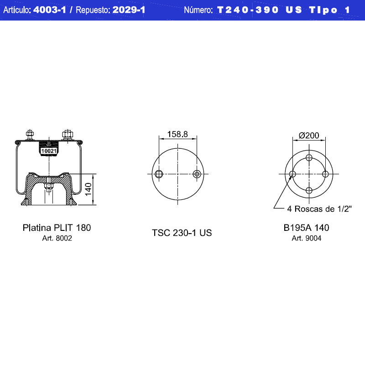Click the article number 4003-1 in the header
coord(50,10)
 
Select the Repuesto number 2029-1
coord(129,10)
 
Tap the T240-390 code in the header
coord(248,10)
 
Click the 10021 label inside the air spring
coord(49,151)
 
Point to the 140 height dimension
coord(88,189)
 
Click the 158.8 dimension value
coord(177,134)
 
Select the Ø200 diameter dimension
coord(309,135)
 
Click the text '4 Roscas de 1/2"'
coord(319,209)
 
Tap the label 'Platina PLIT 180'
coord(57,228)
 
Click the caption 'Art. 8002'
coord(57,238)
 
